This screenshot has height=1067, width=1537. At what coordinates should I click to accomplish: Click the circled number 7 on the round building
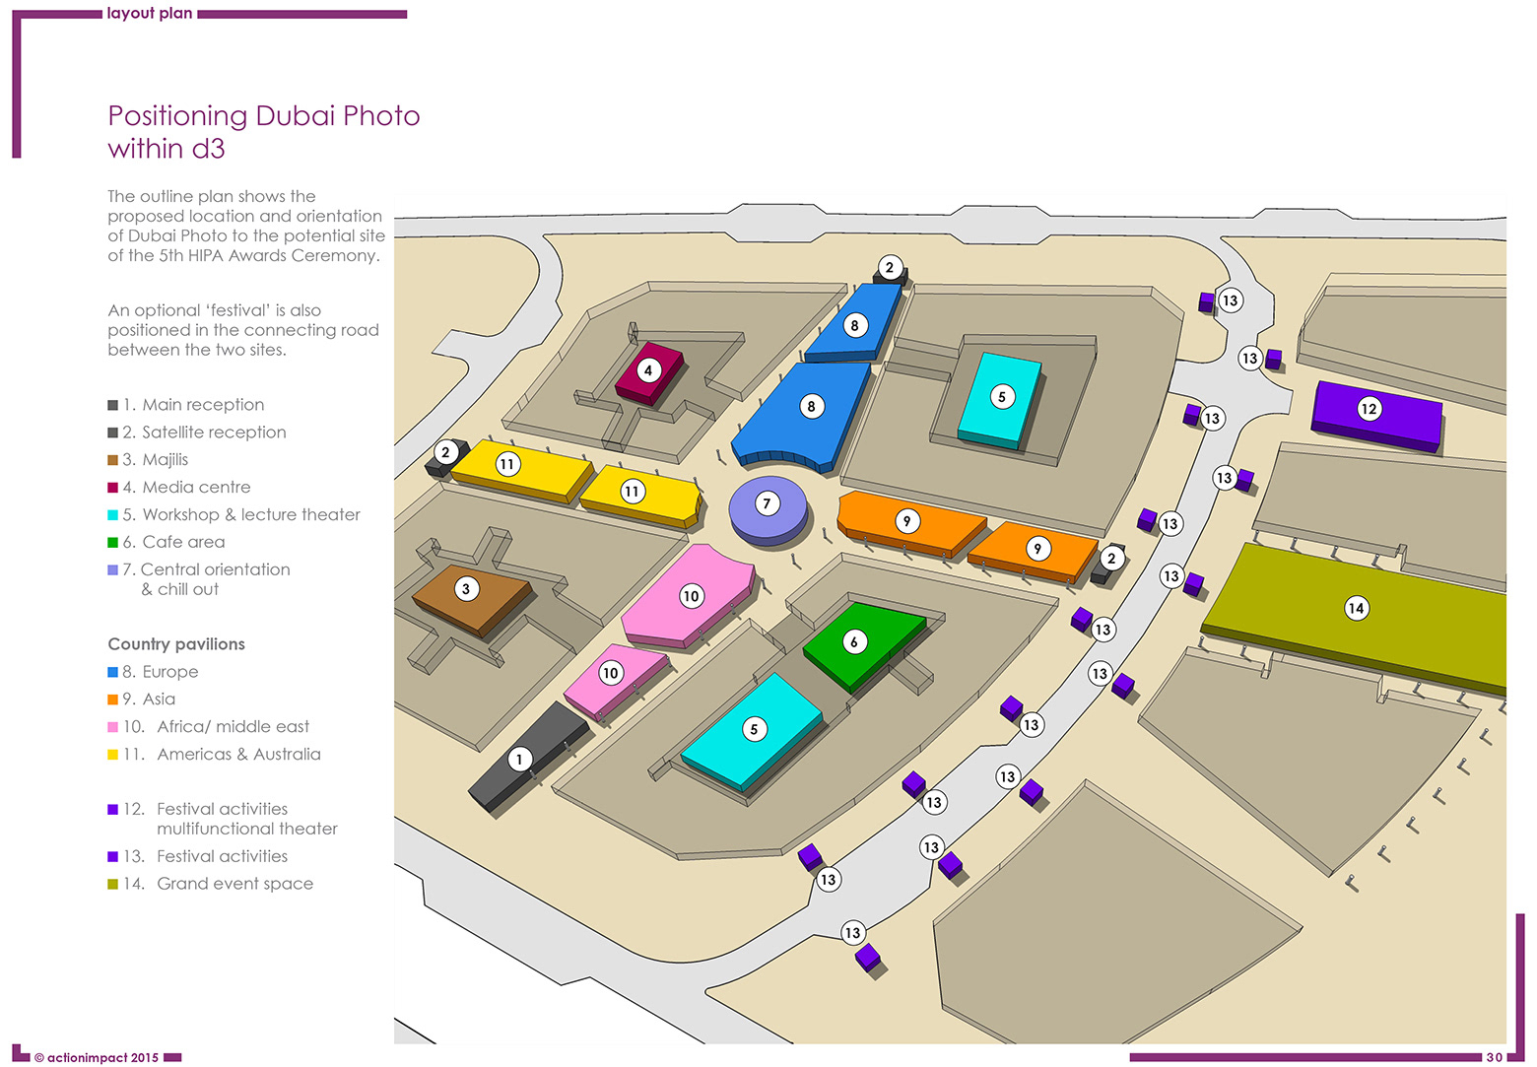[767, 503]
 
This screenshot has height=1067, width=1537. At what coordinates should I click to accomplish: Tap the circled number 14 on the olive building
[1356, 608]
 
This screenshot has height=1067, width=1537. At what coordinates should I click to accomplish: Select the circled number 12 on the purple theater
[1369, 409]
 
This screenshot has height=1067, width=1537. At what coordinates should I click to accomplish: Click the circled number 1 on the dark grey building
[519, 759]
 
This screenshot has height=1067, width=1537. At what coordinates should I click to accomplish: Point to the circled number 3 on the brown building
[466, 589]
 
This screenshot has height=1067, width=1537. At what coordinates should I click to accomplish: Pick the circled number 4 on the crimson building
[647, 370]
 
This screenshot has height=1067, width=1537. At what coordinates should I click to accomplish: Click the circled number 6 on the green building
[854, 642]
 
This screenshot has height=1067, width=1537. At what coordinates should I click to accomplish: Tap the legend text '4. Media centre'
[186, 487]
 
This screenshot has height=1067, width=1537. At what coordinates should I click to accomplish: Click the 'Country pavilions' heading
[176, 644]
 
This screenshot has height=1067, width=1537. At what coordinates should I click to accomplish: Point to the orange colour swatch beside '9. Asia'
[112, 700]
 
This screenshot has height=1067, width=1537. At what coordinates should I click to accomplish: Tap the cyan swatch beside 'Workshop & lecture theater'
[112, 515]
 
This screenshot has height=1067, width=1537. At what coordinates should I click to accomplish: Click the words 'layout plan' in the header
[150, 14]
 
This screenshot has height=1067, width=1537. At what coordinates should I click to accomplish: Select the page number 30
[1494, 1057]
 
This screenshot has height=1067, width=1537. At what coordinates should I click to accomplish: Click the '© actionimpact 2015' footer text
[96, 1058]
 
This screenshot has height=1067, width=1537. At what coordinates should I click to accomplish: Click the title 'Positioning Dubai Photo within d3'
[263, 132]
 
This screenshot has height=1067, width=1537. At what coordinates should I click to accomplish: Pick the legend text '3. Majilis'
[155, 460]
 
